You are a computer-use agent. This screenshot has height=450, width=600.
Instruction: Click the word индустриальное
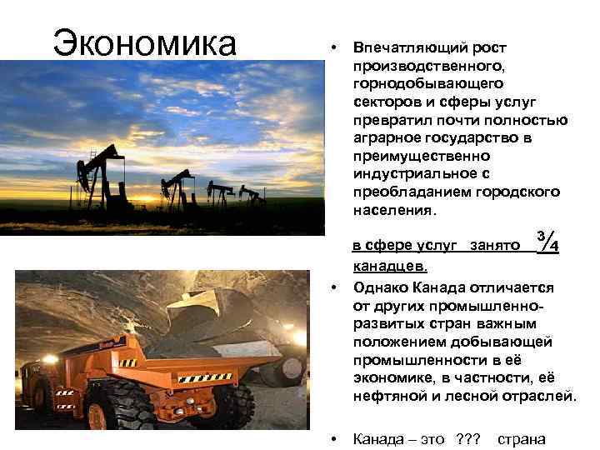(x=410, y=173)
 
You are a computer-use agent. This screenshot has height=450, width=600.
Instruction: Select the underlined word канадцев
(x=390, y=267)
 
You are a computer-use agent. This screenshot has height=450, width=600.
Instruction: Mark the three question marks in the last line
(x=468, y=438)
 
